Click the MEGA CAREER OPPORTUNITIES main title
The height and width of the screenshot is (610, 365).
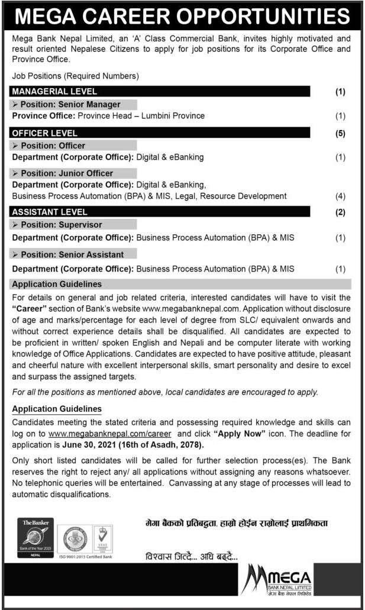(x=182, y=17)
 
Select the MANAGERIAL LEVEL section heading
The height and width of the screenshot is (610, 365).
(x=54, y=92)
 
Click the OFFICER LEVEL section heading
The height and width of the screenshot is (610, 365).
(x=45, y=133)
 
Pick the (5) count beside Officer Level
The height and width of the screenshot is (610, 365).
(x=340, y=134)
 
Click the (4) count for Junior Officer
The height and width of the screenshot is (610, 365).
(x=340, y=196)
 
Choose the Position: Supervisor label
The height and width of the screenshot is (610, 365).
(x=61, y=225)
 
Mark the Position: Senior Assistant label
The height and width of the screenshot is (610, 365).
(x=72, y=254)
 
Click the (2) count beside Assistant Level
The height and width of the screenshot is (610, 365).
(x=340, y=212)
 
